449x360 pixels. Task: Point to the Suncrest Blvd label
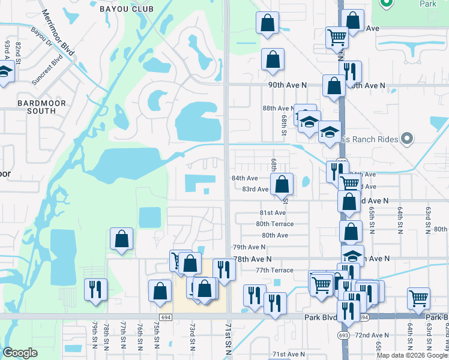47,69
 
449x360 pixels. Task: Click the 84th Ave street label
244,178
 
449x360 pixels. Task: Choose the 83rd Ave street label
255,189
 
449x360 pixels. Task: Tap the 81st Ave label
272,213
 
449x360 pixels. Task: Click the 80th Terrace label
274,224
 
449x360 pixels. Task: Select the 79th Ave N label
249,247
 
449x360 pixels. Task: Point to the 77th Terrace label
274,271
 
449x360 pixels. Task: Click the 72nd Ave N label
372,335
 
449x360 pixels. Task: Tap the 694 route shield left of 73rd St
166,317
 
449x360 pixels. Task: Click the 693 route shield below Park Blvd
343,334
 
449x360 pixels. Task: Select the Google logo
20,352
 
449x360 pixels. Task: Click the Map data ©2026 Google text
411,355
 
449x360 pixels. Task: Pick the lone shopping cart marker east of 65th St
418,298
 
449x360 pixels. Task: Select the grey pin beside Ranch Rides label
408,139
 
